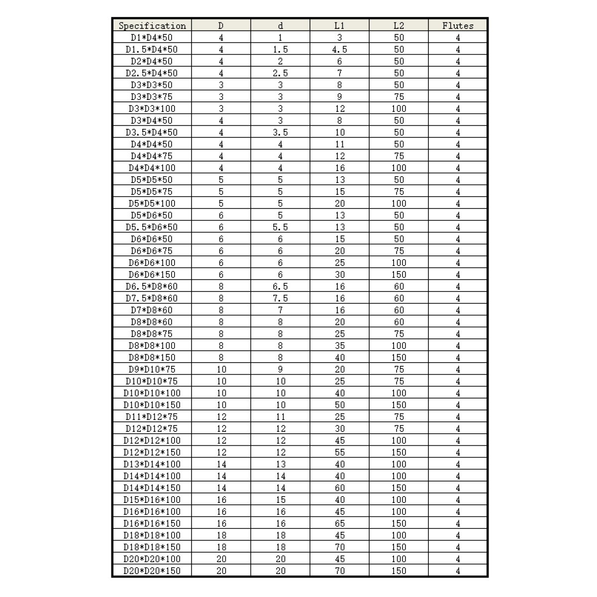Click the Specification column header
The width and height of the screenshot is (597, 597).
point(152,25)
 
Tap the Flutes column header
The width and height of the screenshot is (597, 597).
point(458,25)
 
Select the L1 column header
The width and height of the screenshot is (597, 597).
point(339,25)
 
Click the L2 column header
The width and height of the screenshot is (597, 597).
point(398,25)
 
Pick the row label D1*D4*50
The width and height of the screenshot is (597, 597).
point(152,37)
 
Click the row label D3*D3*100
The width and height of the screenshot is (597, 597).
point(152,108)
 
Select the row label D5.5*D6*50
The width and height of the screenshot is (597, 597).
point(152,227)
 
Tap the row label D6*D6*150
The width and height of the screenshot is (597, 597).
point(152,275)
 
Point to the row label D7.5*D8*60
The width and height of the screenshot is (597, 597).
point(152,298)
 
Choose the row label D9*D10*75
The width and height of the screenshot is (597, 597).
point(152,369)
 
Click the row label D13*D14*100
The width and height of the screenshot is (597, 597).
point(152,464)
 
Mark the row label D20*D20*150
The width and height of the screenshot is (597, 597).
point(152,571)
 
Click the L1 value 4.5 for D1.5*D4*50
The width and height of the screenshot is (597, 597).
point(339,49)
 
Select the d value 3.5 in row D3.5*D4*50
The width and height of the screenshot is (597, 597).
point(280,132)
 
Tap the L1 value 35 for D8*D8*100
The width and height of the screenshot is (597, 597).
point(339,346)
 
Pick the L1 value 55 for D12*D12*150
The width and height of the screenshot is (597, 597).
point(339,452)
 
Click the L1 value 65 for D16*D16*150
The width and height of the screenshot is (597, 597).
point(339,523)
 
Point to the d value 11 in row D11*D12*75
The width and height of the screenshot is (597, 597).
point(280,417)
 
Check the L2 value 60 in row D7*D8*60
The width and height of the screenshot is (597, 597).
point(398,310)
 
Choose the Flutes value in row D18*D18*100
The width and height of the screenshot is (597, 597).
point(458,535)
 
